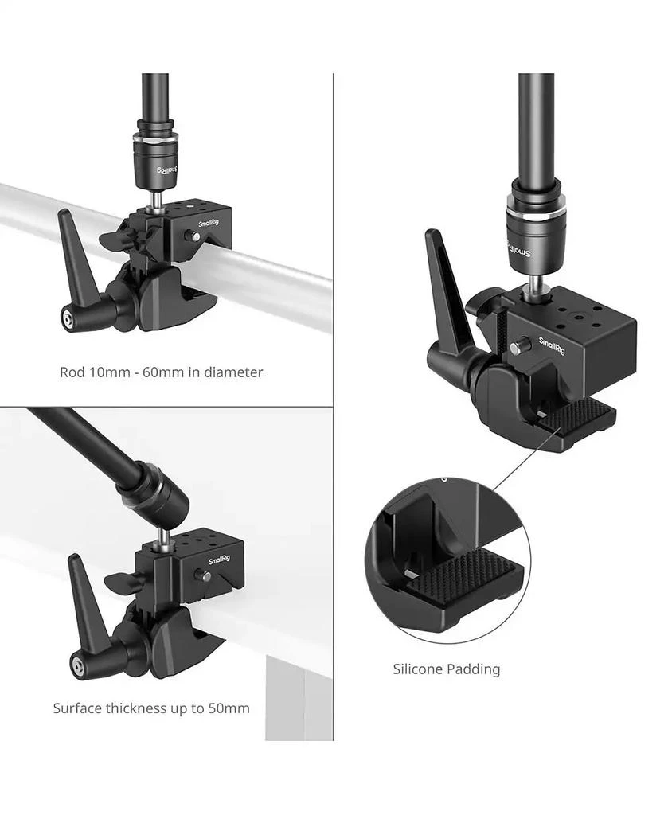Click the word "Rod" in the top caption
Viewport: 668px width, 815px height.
(72, 372)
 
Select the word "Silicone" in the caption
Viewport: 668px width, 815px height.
(420, 669)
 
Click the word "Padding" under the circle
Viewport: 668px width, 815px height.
(475, 669)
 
